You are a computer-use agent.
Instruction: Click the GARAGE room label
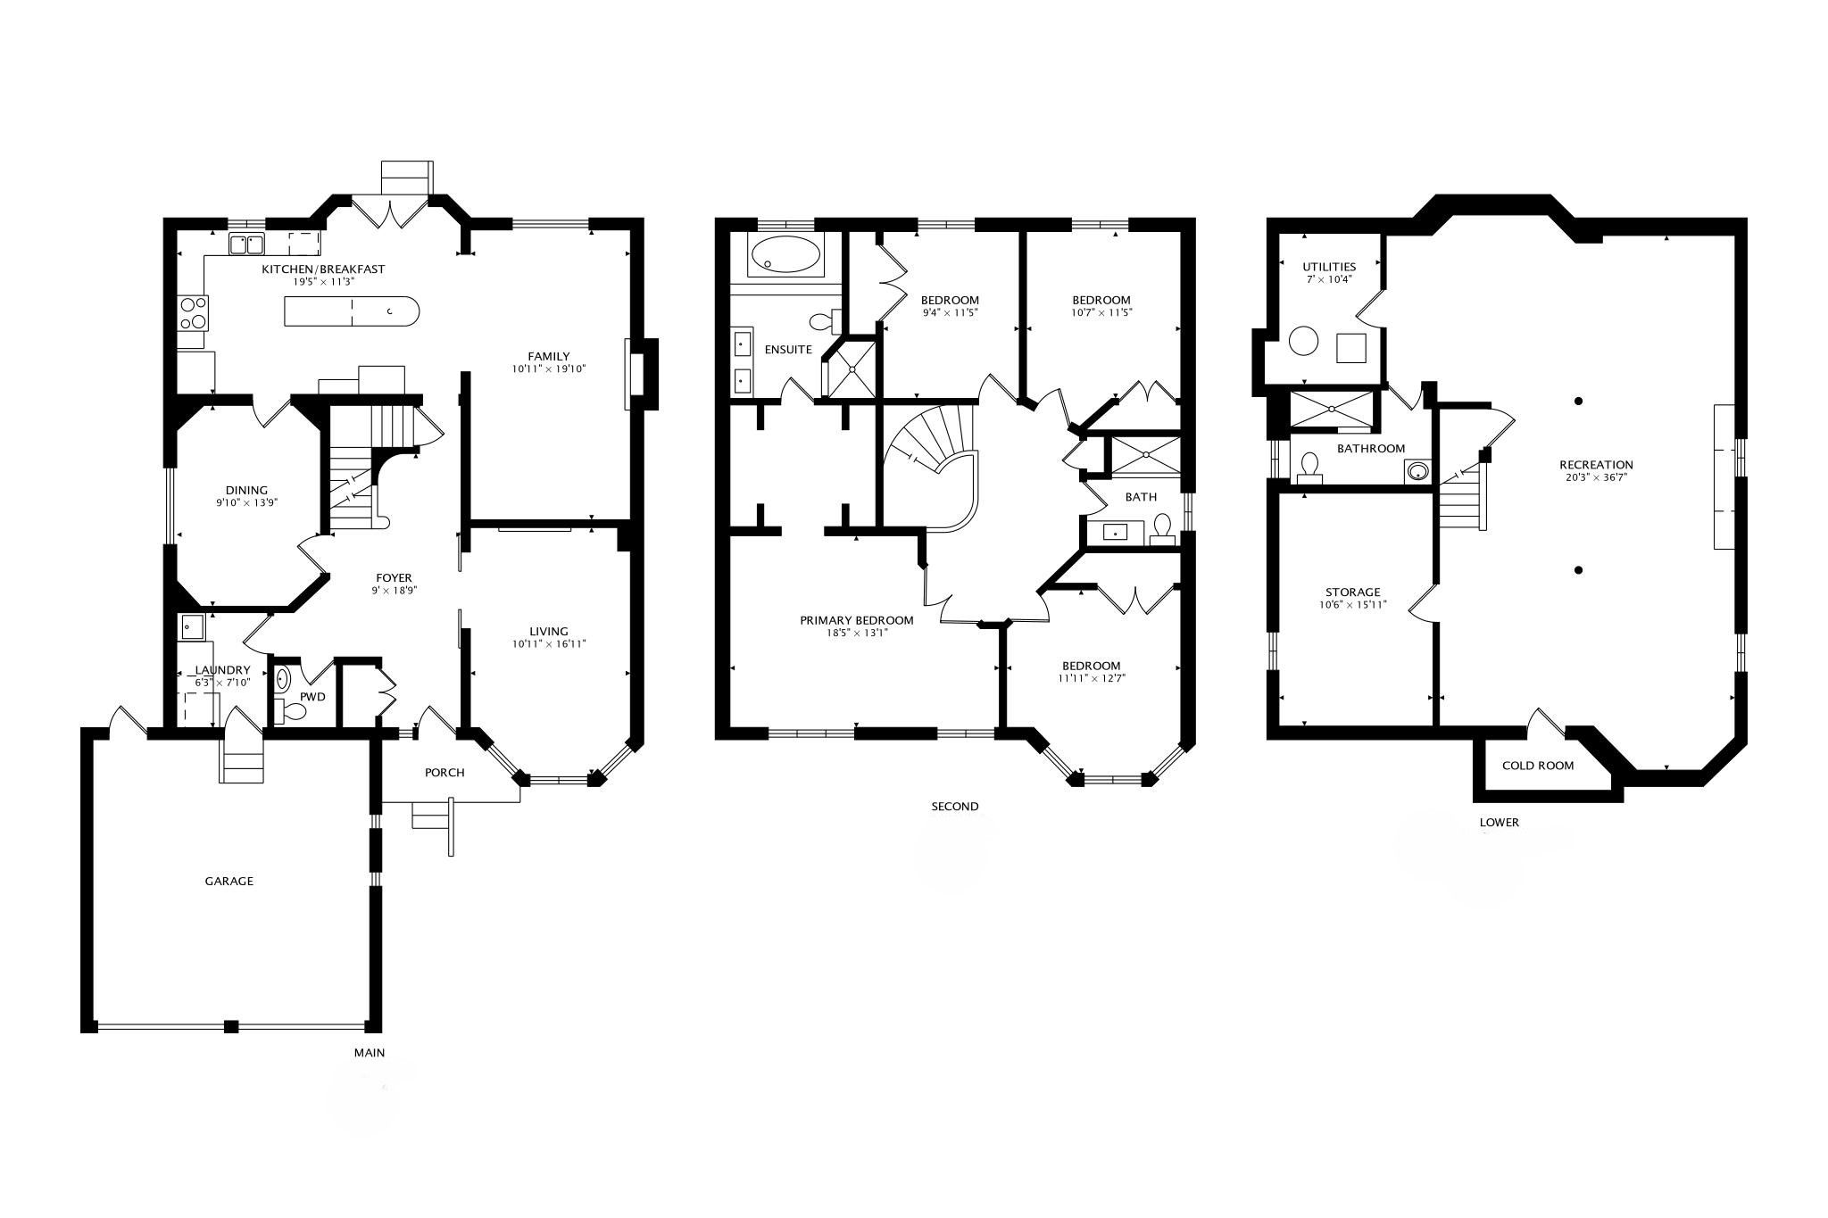coord(229,881)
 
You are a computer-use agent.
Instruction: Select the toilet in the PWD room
coord(290,711)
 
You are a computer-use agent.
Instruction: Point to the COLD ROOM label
coord(1538,766)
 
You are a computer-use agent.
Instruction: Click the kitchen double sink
coord(247,244)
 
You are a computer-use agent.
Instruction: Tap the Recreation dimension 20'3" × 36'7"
coord(1596,477)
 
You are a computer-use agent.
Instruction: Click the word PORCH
coord(445,773)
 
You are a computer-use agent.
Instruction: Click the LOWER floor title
coord(1499,823)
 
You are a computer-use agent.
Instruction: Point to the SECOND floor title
coord(955,807)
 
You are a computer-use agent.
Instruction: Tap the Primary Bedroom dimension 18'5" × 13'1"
coord(857,634)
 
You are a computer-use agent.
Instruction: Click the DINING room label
coord(246,490)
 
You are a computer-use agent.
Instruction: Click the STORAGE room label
coord(1352,592)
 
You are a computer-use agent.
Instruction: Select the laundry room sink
coord(192,627)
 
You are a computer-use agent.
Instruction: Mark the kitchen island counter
coord(351,311)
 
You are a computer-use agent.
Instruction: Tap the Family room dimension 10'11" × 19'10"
coord(548,369)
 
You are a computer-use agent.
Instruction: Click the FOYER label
coord(394,577)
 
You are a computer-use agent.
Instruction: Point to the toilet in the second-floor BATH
coord(1161,528)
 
